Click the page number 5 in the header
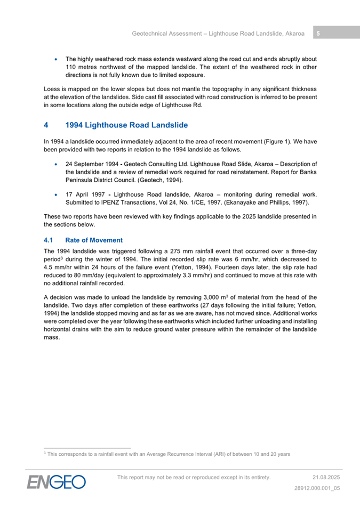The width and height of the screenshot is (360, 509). coord(318,34)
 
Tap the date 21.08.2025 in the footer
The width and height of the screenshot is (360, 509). coord(326,477)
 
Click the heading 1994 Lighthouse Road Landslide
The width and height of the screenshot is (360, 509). coord(126,125)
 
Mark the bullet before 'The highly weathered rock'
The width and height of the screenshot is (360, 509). coord(56,59)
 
